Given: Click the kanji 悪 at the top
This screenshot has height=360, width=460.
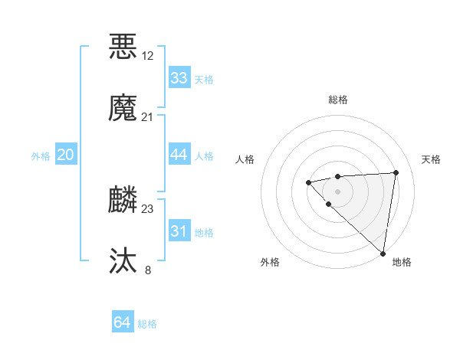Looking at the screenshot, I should (123, 46).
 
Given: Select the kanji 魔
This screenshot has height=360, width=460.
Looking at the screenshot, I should (123, 108).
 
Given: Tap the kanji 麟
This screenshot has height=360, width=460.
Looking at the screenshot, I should (123, 200).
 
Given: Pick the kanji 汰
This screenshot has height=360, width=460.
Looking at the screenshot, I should (123, 261).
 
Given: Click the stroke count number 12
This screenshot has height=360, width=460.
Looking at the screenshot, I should (148, 56).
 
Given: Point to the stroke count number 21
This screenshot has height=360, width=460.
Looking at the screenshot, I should (148, 117).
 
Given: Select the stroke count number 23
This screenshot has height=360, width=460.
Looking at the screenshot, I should (148, 209).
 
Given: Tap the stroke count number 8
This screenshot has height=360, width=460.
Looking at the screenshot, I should (148, 270).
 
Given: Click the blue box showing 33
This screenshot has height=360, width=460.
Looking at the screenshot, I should (179, 78).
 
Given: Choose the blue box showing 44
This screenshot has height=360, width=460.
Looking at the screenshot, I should (179, 155).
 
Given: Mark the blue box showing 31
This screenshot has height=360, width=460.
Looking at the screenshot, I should (179, 231).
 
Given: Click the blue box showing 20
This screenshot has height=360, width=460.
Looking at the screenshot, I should (66, 155).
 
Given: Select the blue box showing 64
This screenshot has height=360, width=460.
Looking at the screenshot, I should (123, 322).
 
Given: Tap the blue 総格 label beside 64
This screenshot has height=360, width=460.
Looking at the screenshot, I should (147, 324).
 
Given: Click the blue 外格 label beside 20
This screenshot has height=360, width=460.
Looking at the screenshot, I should (41, 156).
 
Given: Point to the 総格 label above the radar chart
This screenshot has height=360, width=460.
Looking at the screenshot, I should (338, 100).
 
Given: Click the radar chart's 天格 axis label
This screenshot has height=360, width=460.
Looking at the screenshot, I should (431, 159).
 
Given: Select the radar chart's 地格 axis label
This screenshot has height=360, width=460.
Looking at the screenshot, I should (402, 263).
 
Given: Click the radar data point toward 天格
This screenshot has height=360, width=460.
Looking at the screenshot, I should (396, 172).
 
